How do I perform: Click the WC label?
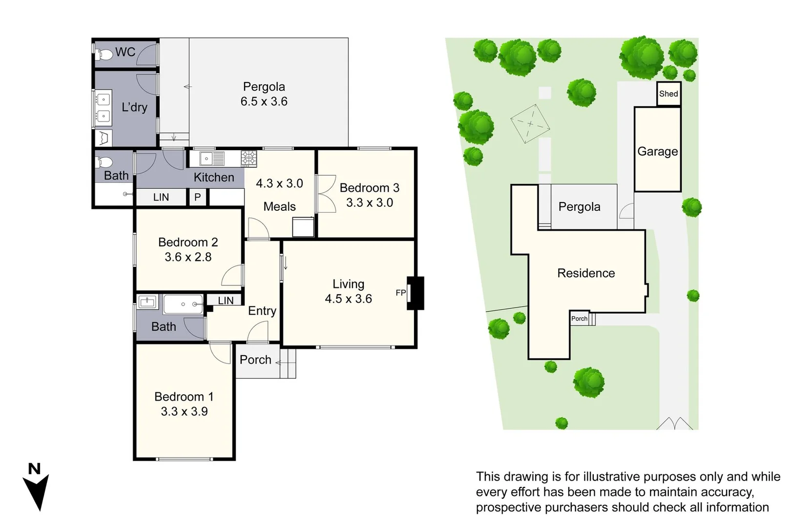(x=125, y=52)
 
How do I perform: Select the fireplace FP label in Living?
(x=400, y=293)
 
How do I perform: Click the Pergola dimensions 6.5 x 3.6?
(x=264, y=101)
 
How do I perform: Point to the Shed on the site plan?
(x=668, y=94)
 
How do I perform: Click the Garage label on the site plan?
(x=657, y=151)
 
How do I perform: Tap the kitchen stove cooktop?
(x=249, y=158)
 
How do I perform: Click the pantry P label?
(x=197, y=197)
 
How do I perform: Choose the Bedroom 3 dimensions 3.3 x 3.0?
(x=370, y=203)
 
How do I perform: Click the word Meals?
(x=279, y=206)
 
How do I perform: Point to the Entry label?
(x=262, y=311)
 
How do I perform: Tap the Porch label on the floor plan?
(x=255, y=360)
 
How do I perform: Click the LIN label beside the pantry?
(x=161, y=197)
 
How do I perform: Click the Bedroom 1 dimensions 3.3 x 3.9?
(x=184, y=411)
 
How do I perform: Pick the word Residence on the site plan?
(x=586, y=273)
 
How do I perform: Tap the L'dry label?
(x=134, y=107)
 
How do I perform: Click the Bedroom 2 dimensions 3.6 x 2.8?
(x=188, y=257)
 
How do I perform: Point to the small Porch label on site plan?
(x=580, y=319)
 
